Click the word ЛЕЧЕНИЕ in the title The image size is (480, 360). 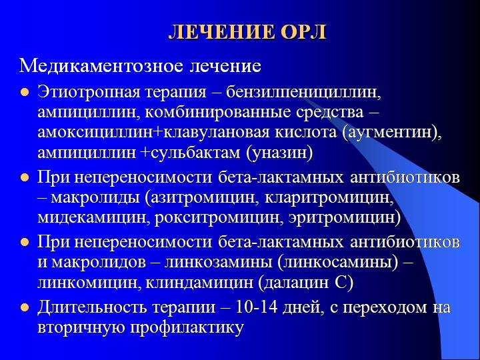tap(222, 31)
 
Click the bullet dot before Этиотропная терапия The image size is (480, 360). tap(25, 92)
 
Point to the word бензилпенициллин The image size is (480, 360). tap(303, 93)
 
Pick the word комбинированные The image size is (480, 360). tap(217, 113)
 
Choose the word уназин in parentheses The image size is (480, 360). tap(279, 153)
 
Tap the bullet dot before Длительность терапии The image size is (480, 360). tap(25, 307)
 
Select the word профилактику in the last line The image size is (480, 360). tap(187, 327)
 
